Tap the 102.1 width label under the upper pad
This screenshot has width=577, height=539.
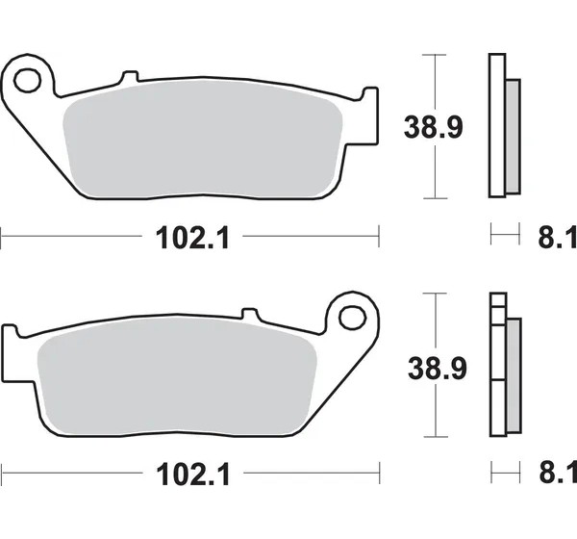192,239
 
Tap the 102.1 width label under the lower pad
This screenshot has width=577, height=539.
193,475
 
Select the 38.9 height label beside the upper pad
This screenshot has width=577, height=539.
433,127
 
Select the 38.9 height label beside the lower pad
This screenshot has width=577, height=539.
438,368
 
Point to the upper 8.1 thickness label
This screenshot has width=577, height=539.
557,238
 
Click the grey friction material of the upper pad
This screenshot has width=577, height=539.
203,139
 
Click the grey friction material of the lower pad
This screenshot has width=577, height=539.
177,376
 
